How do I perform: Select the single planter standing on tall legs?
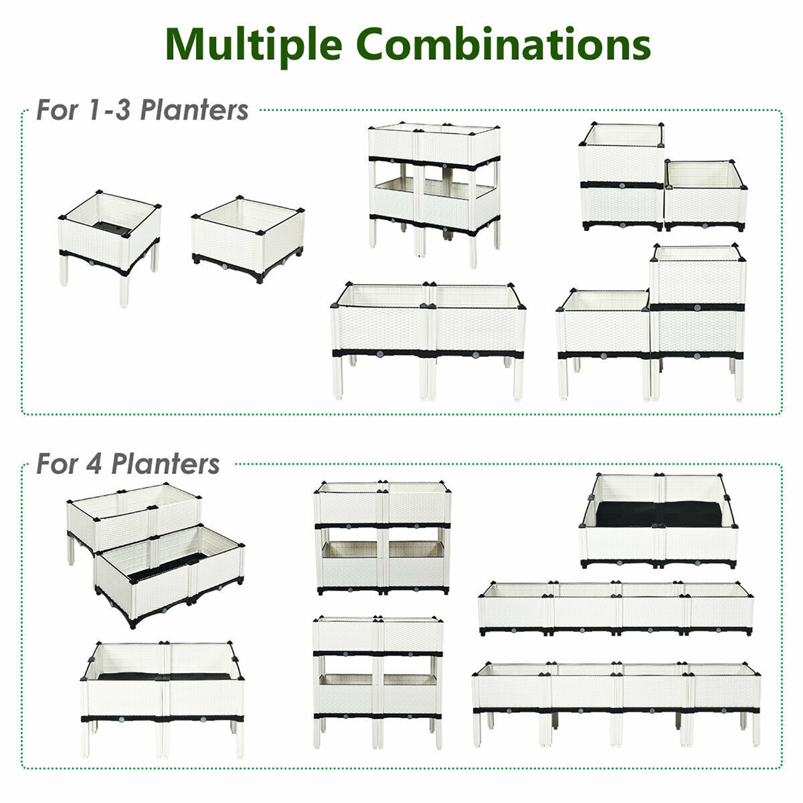[x=110, y=241]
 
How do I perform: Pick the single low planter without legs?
[x=248, y=238]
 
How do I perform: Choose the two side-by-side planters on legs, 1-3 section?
[x=428, y=337]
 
